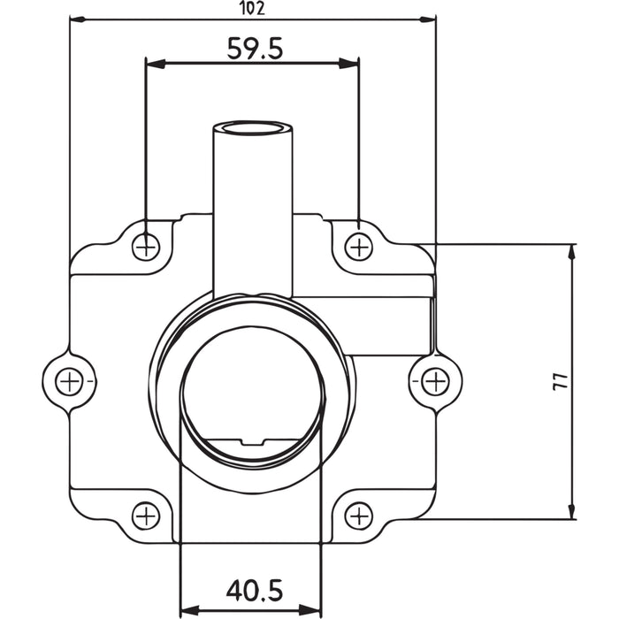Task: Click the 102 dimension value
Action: click(253, 8)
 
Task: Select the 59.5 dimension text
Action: click(255, 48)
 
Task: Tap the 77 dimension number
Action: click(559, 381)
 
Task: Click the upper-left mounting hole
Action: click(147, 247)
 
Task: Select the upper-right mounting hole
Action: click(358, 247)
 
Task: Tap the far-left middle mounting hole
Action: click(69, 381)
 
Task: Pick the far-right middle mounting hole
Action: click(434, 381)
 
